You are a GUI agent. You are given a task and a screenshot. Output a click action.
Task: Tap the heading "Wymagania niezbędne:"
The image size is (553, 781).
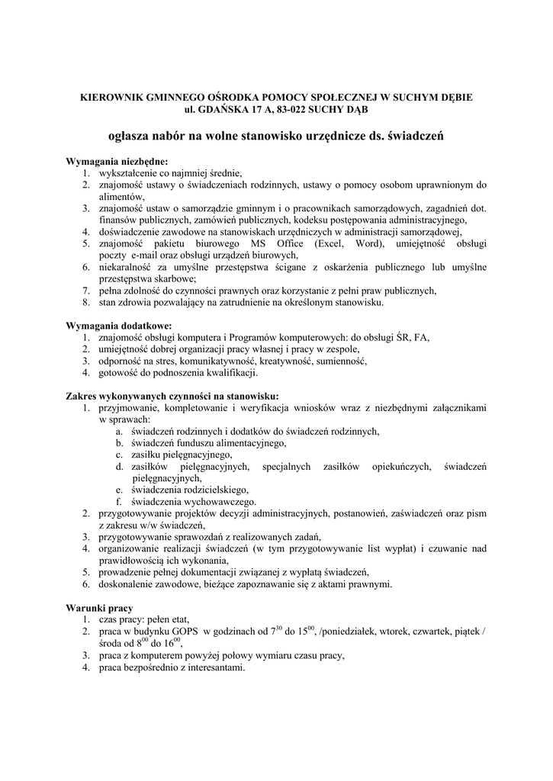point(117,162)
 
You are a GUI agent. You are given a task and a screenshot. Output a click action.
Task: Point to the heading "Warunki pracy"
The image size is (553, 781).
point(100,609)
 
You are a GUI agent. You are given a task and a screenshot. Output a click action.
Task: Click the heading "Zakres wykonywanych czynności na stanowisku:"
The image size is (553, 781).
point(172,397)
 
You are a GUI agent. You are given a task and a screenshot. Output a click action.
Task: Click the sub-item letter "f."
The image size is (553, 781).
point(120,502)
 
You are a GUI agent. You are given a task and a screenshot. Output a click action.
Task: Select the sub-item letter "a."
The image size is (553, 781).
point(120,431)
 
